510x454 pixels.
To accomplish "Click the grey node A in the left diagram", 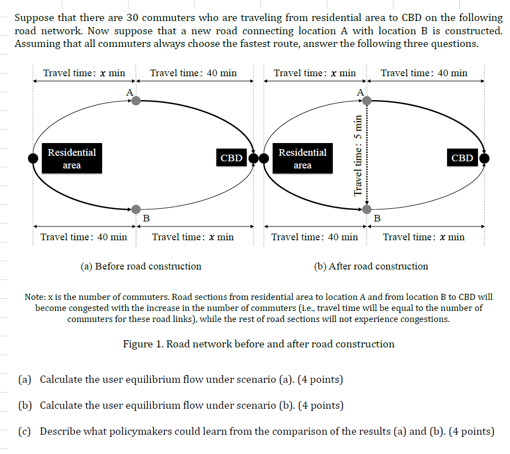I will pyautogui.click(x=136, y=101).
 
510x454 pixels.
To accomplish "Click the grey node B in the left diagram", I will pyautogui.click(x=136, y=209).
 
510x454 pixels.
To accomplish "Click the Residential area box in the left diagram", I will pyautogui.click(x=72, y=159).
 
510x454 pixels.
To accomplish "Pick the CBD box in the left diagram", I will pyautogui.click(x=231, y=158).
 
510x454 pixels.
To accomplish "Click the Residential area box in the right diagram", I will pyautogui.click(x=302, y=159).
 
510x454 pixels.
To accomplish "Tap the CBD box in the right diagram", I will pyautogui.click(x=462, y=158).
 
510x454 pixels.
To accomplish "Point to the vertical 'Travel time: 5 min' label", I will pyautogui.click(x=358, y=155).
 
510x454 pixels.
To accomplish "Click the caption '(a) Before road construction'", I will pyautogui.click(x=141, y=266).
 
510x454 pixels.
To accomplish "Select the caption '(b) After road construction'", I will pyautogui.click(x=371, y=266).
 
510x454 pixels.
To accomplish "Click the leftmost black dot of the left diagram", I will pyautogui.click(x=33, y=159).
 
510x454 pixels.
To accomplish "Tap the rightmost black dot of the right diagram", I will pyautogui.click(x=485, y=159).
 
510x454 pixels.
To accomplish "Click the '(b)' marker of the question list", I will pyautogui.click(x=25, y=405).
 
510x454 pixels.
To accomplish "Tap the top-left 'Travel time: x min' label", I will pyautogui.click(x=84, y=73).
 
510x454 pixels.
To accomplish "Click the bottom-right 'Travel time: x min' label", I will pyautogui.click(x=423, y=237).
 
